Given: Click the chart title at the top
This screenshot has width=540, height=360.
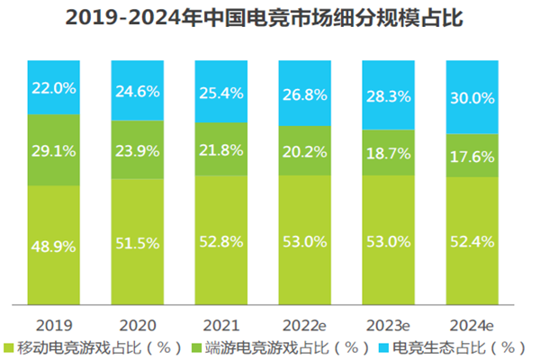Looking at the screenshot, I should [270, 17].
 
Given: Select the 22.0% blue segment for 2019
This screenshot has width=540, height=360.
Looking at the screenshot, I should [54, 89].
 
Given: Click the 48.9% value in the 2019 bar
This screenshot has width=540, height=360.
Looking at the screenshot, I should [54, 245].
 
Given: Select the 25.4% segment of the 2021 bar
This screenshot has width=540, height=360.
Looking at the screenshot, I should [220, 91].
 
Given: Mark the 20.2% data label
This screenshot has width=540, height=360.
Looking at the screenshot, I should [305, 150].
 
